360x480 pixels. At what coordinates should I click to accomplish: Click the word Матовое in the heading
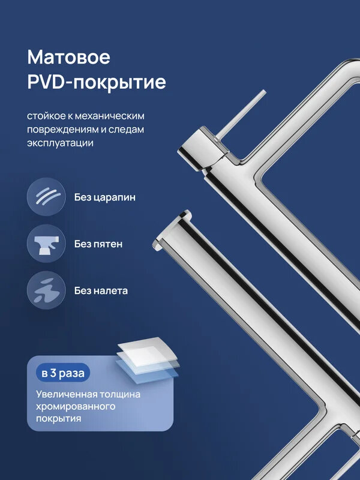coord(69,58)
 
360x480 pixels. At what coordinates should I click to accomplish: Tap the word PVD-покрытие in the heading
coord(97,83)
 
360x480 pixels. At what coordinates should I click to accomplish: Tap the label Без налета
coord(101,292)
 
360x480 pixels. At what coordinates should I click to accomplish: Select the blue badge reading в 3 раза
coord(63,373)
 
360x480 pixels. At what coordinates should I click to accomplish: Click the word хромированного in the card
coord(75,406)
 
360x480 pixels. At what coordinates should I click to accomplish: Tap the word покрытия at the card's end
coord(58,418)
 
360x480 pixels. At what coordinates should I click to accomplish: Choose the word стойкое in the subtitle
coord(47,115)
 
